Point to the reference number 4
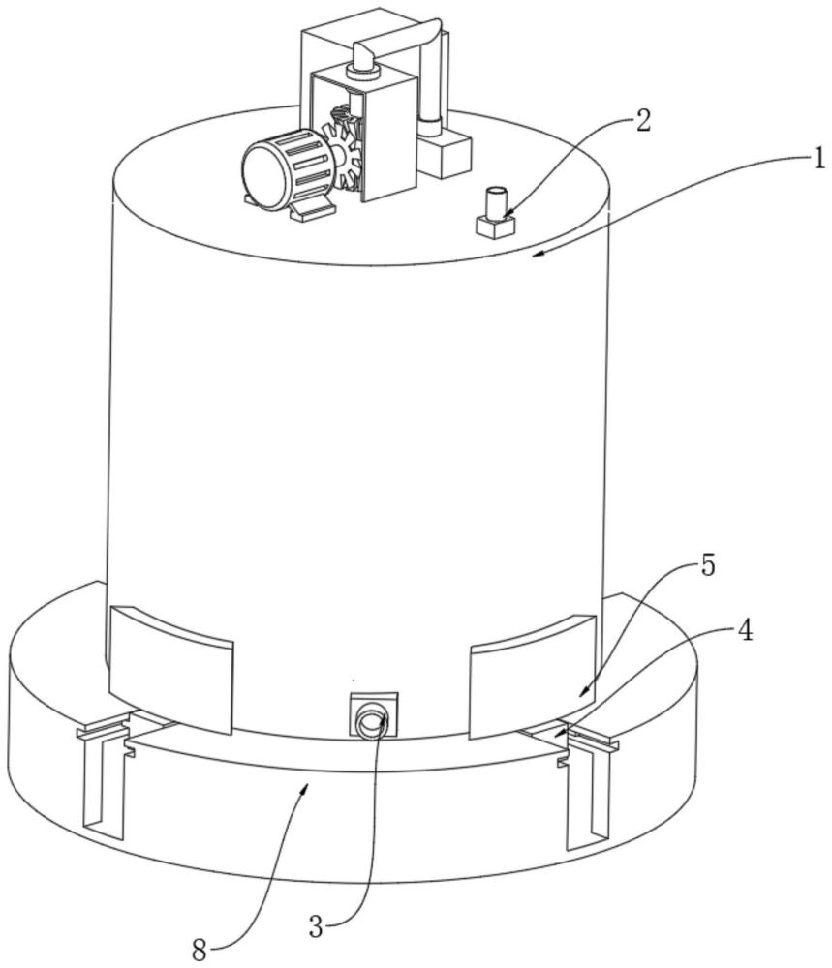[744, 632]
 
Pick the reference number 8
[199, 950]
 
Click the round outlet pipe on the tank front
[372, 721]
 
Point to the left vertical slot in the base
[105, 784]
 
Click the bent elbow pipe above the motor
[397, 45]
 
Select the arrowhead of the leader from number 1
[538, 254]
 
